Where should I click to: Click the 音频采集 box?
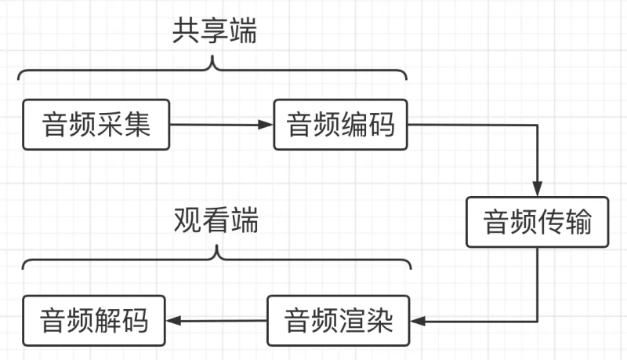click(x=96, y=125)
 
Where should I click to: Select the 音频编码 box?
click(x=340, y=125)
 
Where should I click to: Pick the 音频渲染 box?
click(x=337, y=321)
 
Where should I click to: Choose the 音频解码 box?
click(x=95, y=321)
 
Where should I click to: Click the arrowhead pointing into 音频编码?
click(x=266, y=125)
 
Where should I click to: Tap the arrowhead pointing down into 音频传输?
click(x=537, y=190)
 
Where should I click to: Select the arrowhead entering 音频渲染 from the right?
click(x=415, y=321)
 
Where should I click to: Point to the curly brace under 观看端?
click(x=216, y=260)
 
